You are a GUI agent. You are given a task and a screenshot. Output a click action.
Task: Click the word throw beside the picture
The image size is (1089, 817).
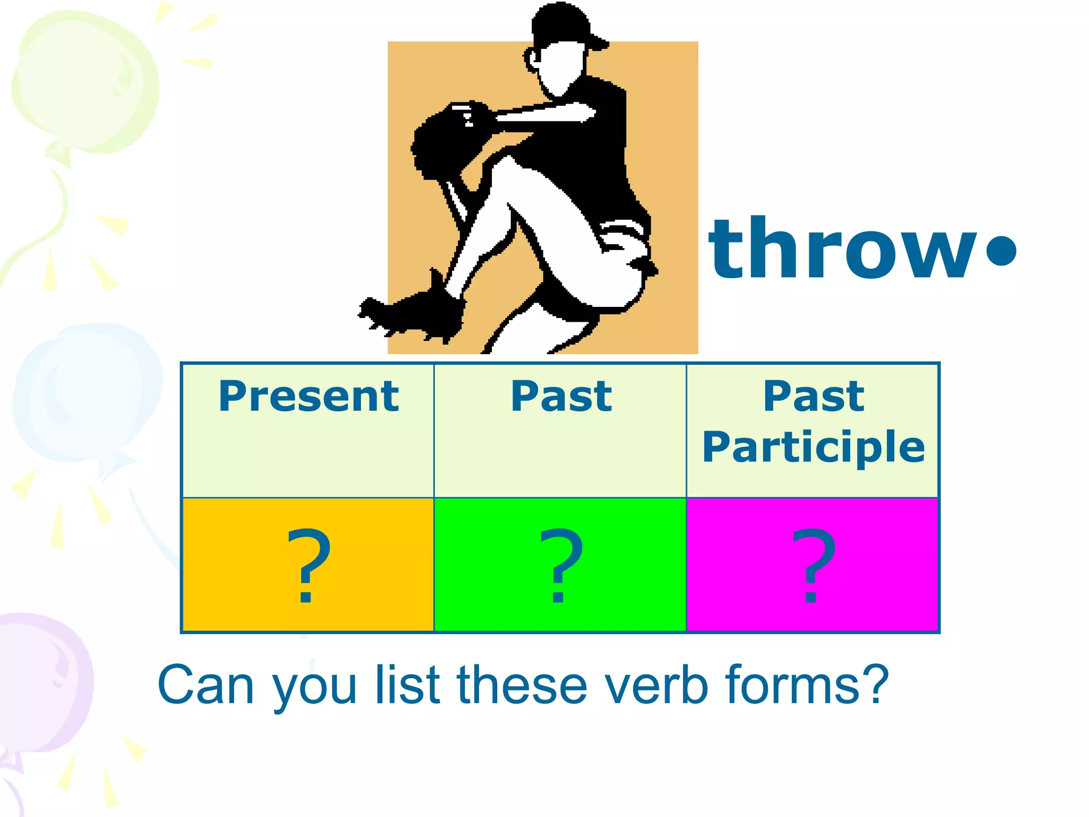tap(843, 249)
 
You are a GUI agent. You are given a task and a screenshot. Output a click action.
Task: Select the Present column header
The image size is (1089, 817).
tap(308, 396)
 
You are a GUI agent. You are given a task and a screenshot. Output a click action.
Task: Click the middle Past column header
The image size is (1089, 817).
tap(561, 396)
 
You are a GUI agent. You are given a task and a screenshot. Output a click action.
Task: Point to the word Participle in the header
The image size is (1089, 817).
tap(814, 447)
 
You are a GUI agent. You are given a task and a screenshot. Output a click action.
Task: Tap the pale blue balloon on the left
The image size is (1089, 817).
tap(85, 394)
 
